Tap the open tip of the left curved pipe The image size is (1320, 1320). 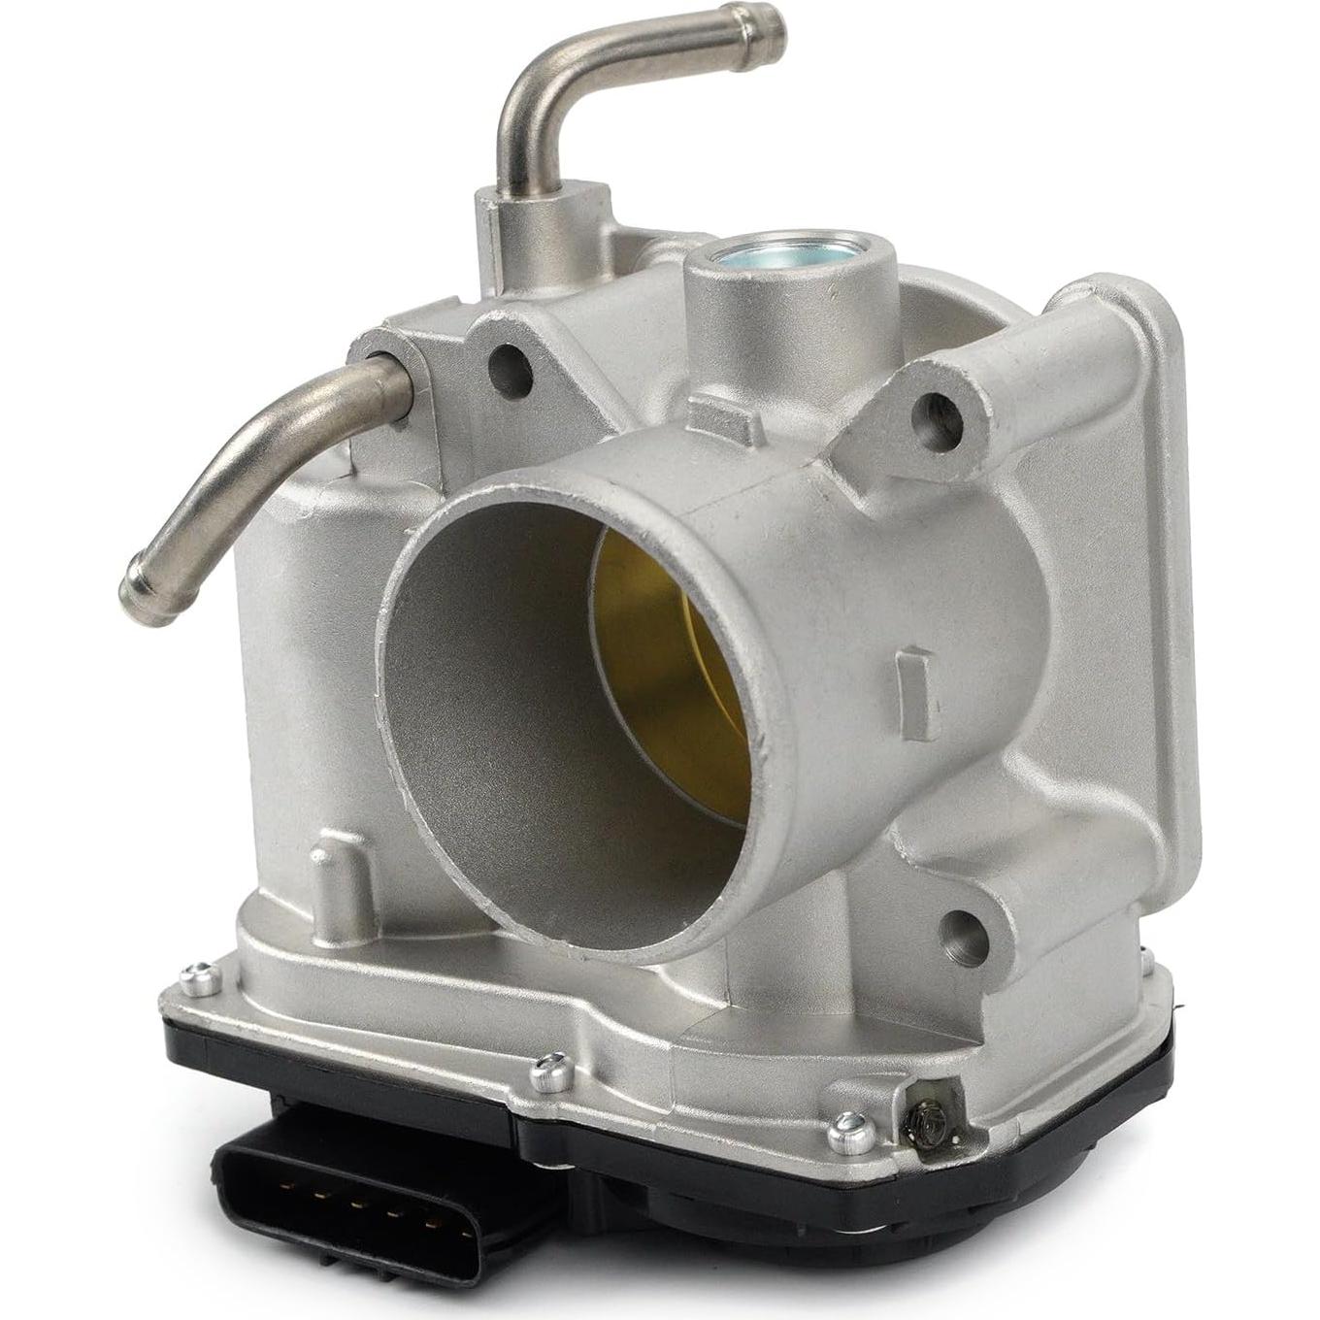(133, 592)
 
